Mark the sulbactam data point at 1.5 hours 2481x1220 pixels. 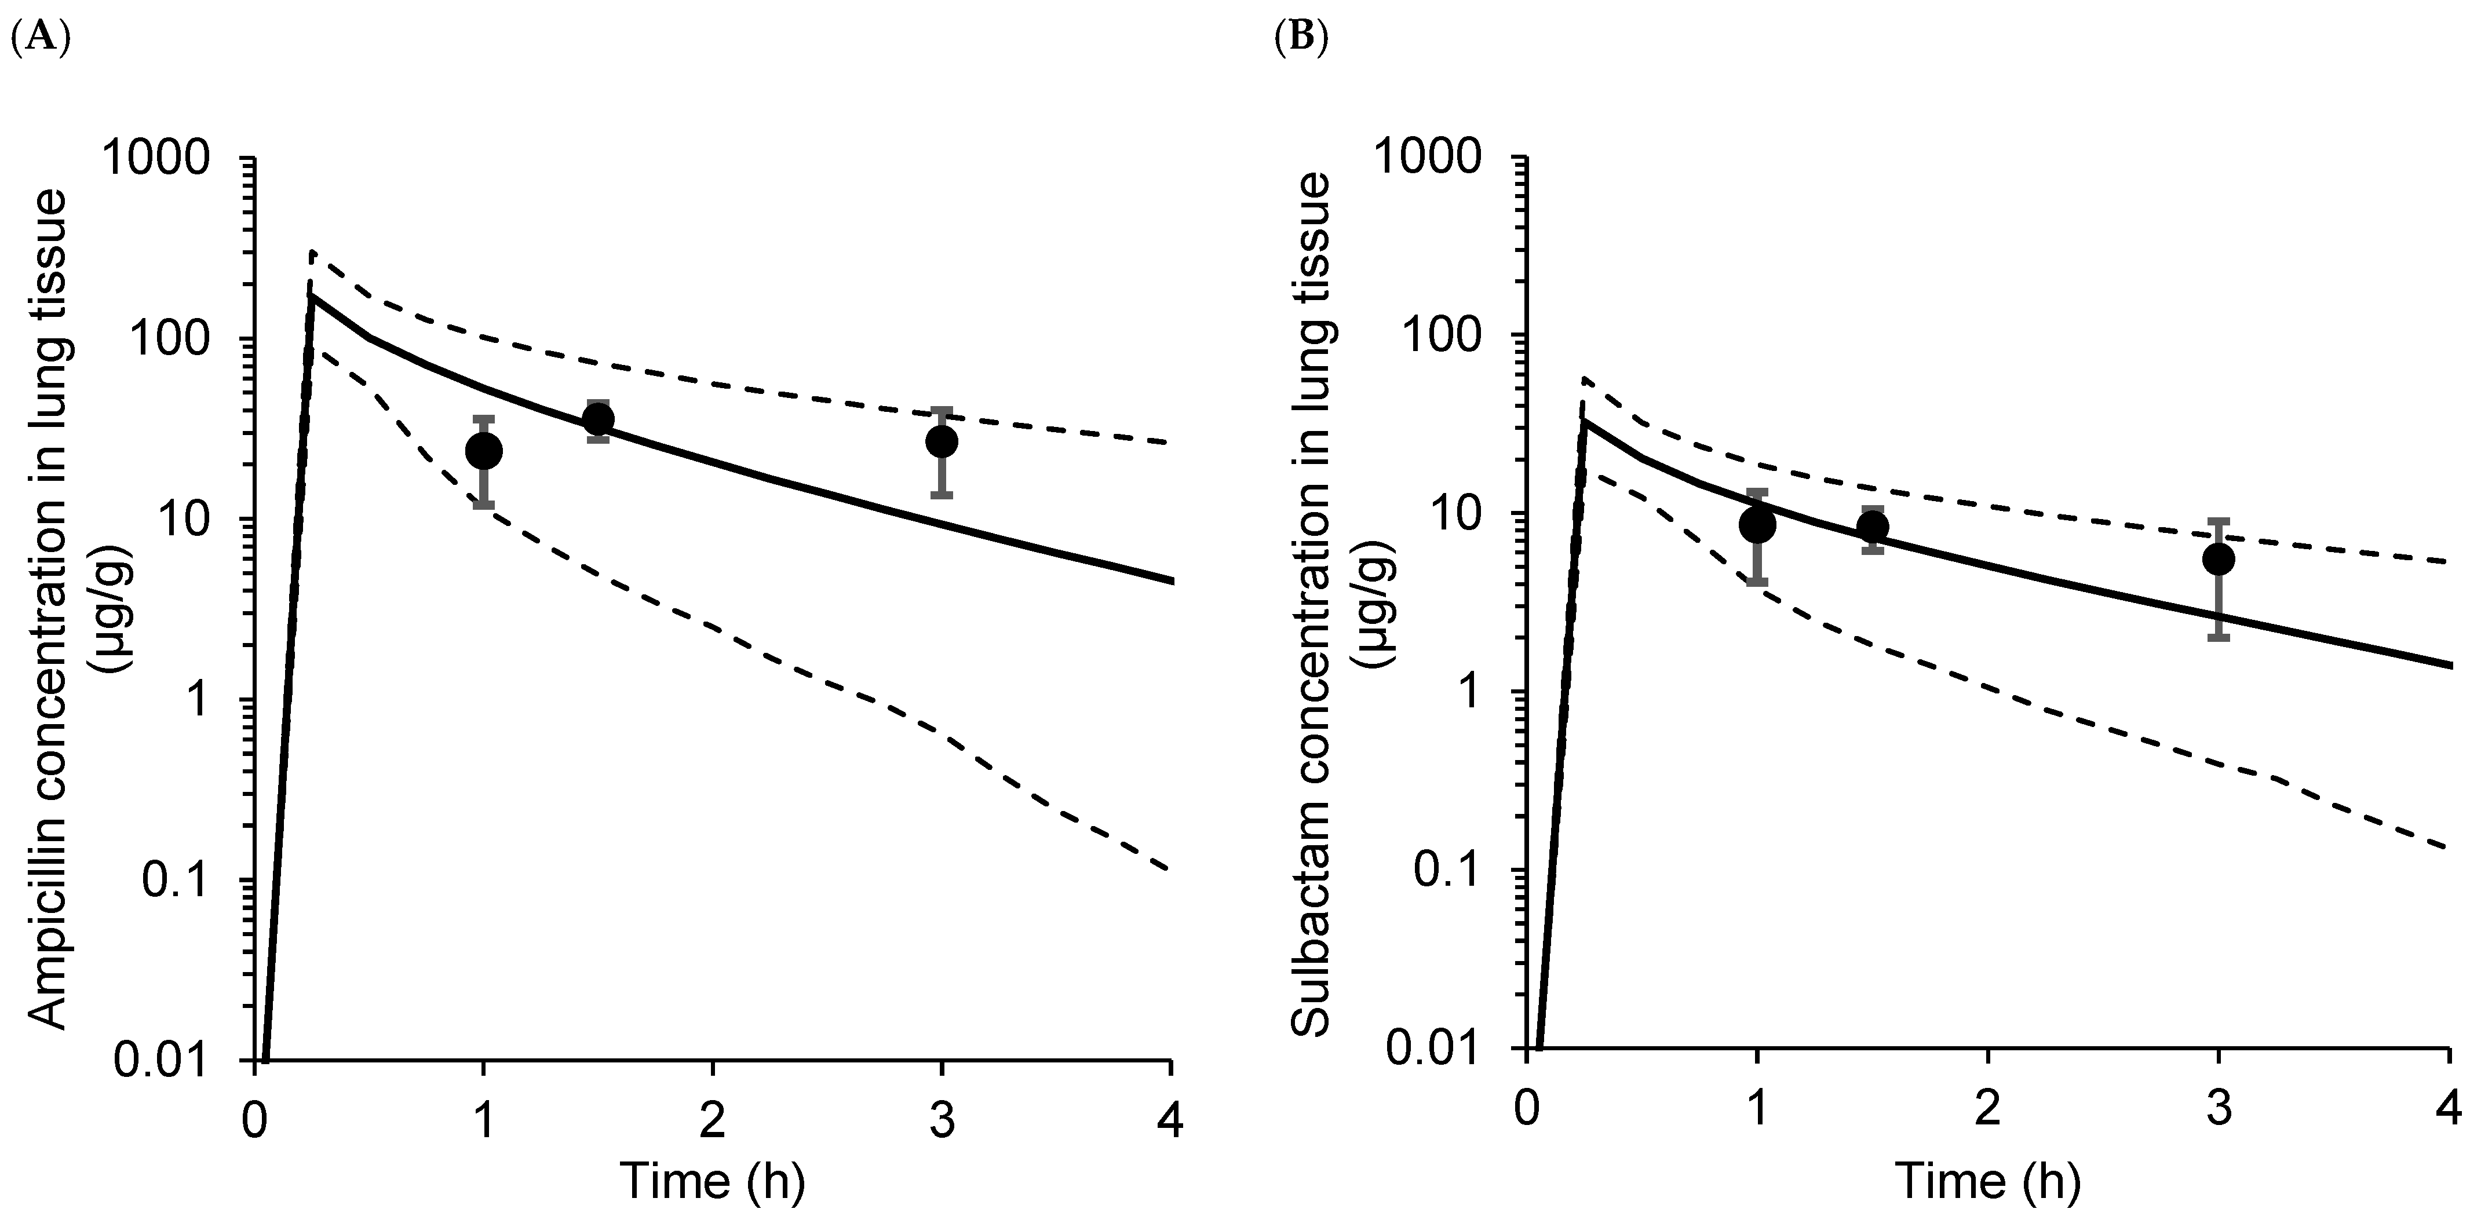click(x=1872, y=526)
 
